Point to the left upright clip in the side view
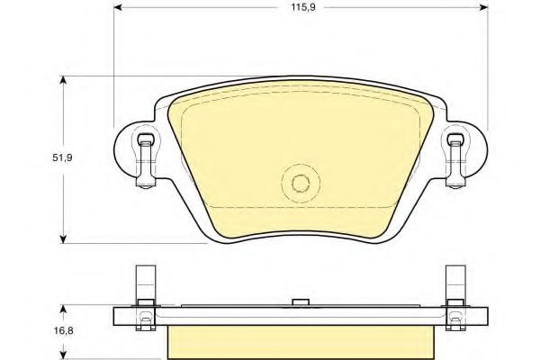143,288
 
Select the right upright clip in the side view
455,288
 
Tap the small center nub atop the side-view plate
299,301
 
